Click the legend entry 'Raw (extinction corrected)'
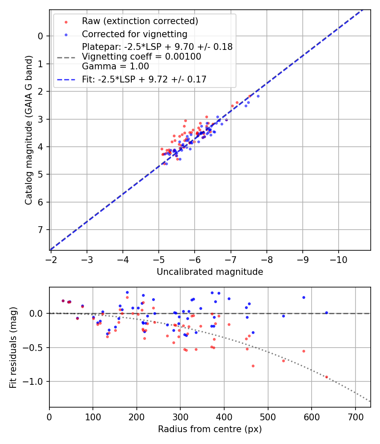point(140,21)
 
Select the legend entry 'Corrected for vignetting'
point(134,34)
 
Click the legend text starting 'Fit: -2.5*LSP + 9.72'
point(144,79)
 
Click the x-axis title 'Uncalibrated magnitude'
point(210,272)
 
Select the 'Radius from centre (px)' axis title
point(210,429)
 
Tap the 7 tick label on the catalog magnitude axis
point(41,230)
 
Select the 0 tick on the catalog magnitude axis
point(41,36)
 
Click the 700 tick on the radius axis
point(355,416)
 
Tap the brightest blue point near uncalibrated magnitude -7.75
point(258,96)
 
